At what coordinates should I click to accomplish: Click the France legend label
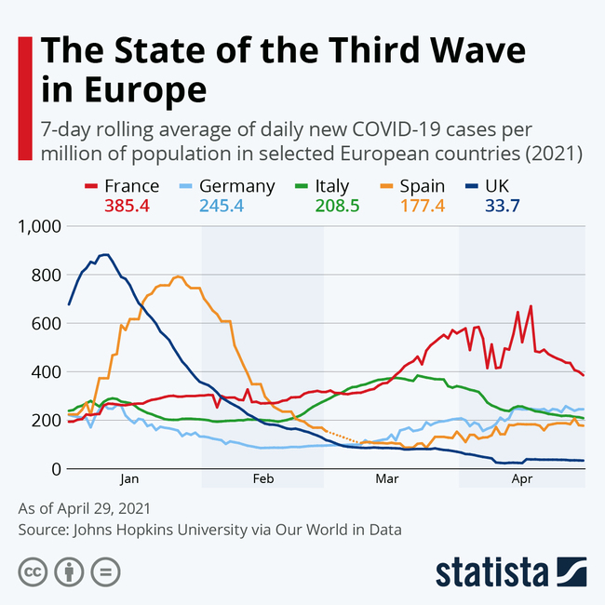(131, 186)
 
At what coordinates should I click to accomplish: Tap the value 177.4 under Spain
(422, 205)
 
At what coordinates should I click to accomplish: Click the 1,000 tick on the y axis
(39, 226)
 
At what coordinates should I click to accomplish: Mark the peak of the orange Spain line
(178, 276)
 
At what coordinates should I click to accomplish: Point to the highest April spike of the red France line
(531, 306)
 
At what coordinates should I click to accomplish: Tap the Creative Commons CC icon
(33, 570)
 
